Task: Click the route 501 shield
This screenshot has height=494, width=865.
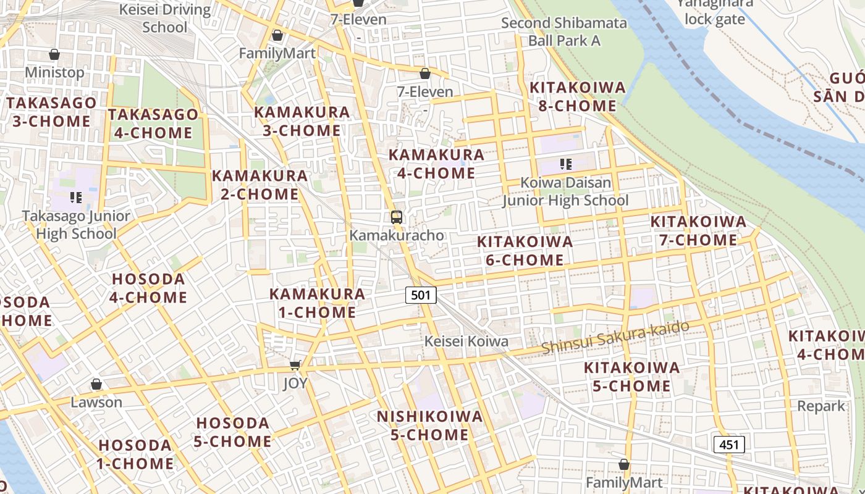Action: (421, 295)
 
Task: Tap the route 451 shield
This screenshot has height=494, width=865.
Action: (729, 444)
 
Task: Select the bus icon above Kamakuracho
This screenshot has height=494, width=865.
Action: (397, 217)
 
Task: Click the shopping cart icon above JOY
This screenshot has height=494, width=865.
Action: (295, 365)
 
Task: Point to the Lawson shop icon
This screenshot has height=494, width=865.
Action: (96, 385)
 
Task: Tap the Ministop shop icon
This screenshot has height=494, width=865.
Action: (54, 54)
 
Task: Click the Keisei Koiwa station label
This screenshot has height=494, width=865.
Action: (466, 341)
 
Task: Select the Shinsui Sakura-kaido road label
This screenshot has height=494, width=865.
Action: (615, 337)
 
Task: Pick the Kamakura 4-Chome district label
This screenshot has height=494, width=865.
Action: (436, 164)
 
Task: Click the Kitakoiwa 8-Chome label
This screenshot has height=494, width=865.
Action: (577, 96)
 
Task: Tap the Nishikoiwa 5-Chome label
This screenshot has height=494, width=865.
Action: (430, 425)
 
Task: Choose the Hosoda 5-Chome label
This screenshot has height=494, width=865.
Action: (233, 432)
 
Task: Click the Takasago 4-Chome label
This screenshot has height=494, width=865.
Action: (153, 124)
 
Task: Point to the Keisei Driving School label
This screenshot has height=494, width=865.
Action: (165, 19)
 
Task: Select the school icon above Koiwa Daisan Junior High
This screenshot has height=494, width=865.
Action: (565, 164)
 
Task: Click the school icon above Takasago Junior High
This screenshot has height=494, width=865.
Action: (76, 198)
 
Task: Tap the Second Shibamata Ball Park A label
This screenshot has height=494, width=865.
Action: (564, 32)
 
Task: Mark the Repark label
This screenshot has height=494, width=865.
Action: (821, 406)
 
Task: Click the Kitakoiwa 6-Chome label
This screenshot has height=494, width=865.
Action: (525, 251)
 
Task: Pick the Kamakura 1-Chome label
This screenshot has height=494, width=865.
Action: (317, 303)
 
